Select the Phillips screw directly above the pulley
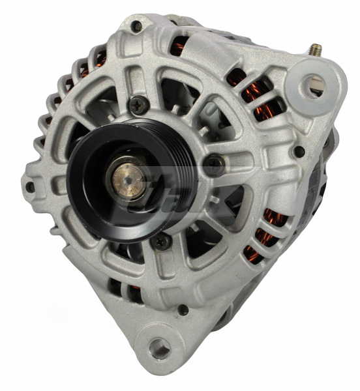(138, 103)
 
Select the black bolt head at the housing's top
(136, 27)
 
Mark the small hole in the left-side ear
(31, 187)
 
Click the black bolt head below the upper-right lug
(299, 151)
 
